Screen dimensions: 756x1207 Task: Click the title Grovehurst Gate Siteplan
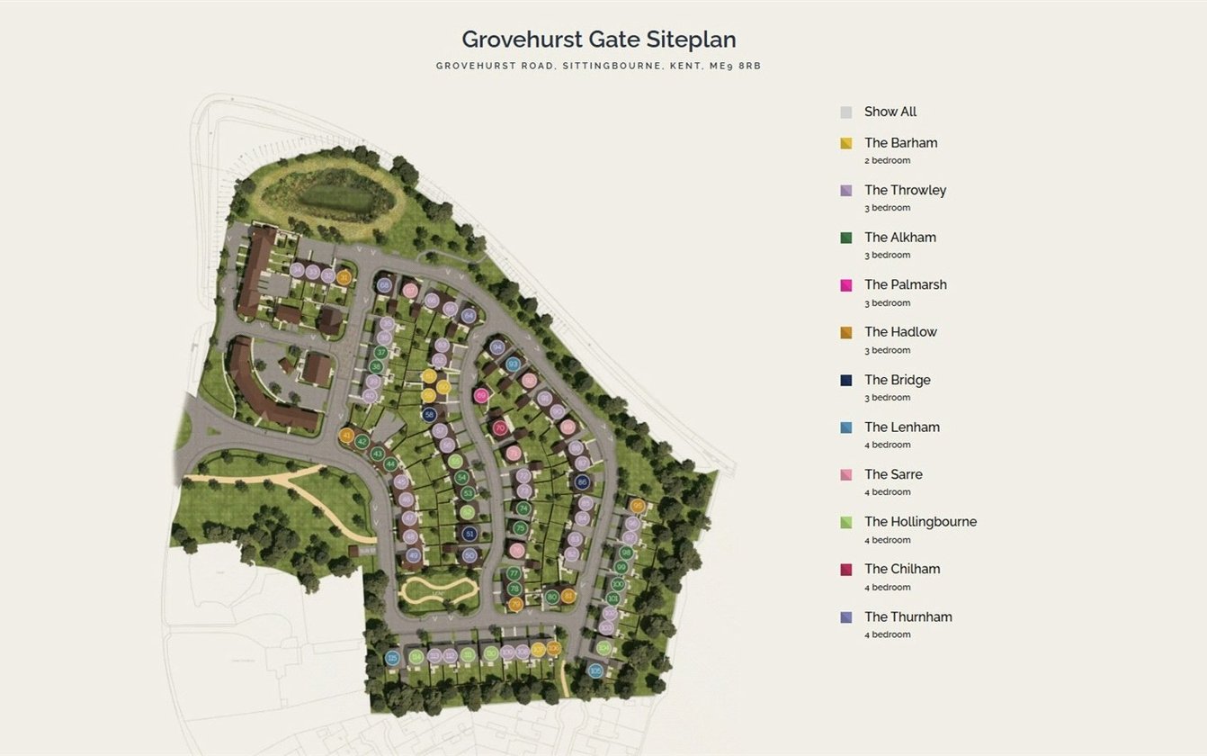click(598, 40)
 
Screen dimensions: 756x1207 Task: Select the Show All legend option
click(890, 112)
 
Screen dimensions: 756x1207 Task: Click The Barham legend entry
click(900, 143)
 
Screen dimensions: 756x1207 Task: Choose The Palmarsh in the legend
click(905, 284)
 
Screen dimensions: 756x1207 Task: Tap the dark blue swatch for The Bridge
click(846, 381)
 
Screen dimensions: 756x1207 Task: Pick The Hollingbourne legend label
click(920, 522)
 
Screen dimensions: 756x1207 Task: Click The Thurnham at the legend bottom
click(907, 616)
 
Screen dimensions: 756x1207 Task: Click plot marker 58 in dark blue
click(430, 415)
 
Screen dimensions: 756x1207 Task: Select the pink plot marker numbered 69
click(481, 395)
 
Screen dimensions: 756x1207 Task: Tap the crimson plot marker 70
click(500, 428)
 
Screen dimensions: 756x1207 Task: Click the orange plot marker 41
click(346, 436)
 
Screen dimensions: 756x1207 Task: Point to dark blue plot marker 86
click(582, 481)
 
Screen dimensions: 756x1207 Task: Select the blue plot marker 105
click(595, 670)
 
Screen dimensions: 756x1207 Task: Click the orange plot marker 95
click(638, 506)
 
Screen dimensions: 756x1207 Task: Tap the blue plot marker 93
click(513, 364)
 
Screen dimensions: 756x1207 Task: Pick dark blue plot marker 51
click(469, 534)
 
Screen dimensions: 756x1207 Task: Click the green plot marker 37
click(381, 353)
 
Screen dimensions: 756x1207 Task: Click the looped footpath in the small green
click(439, 592)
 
